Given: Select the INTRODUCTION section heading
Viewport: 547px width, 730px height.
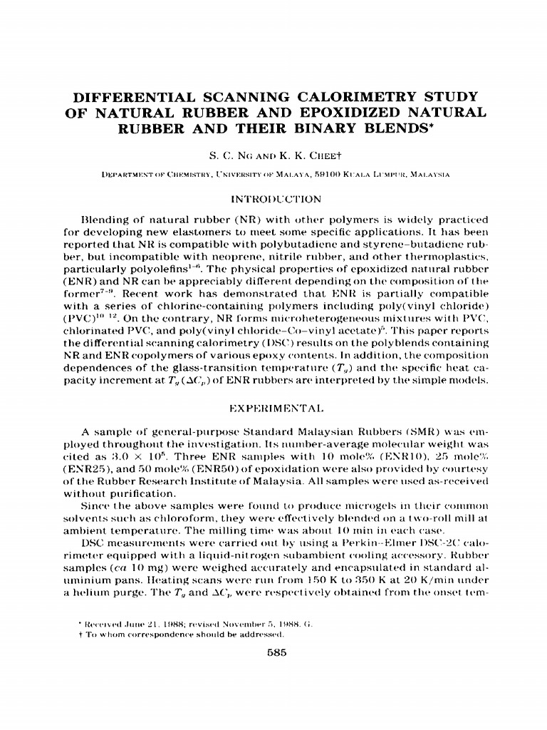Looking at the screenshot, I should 273,197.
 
